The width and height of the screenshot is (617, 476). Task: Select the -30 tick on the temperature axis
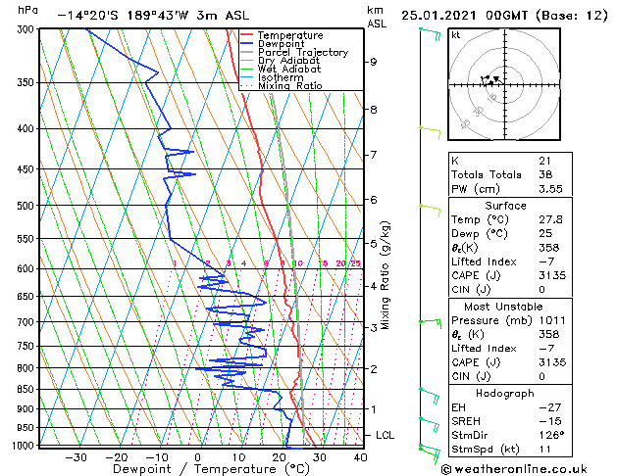[76, 456]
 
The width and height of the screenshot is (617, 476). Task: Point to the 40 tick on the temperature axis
[360, 456]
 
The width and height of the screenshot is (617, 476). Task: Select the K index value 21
[544, 160]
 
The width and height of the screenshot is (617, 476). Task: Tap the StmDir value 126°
[550, 435]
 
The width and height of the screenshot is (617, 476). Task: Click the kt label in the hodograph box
[456, 34]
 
